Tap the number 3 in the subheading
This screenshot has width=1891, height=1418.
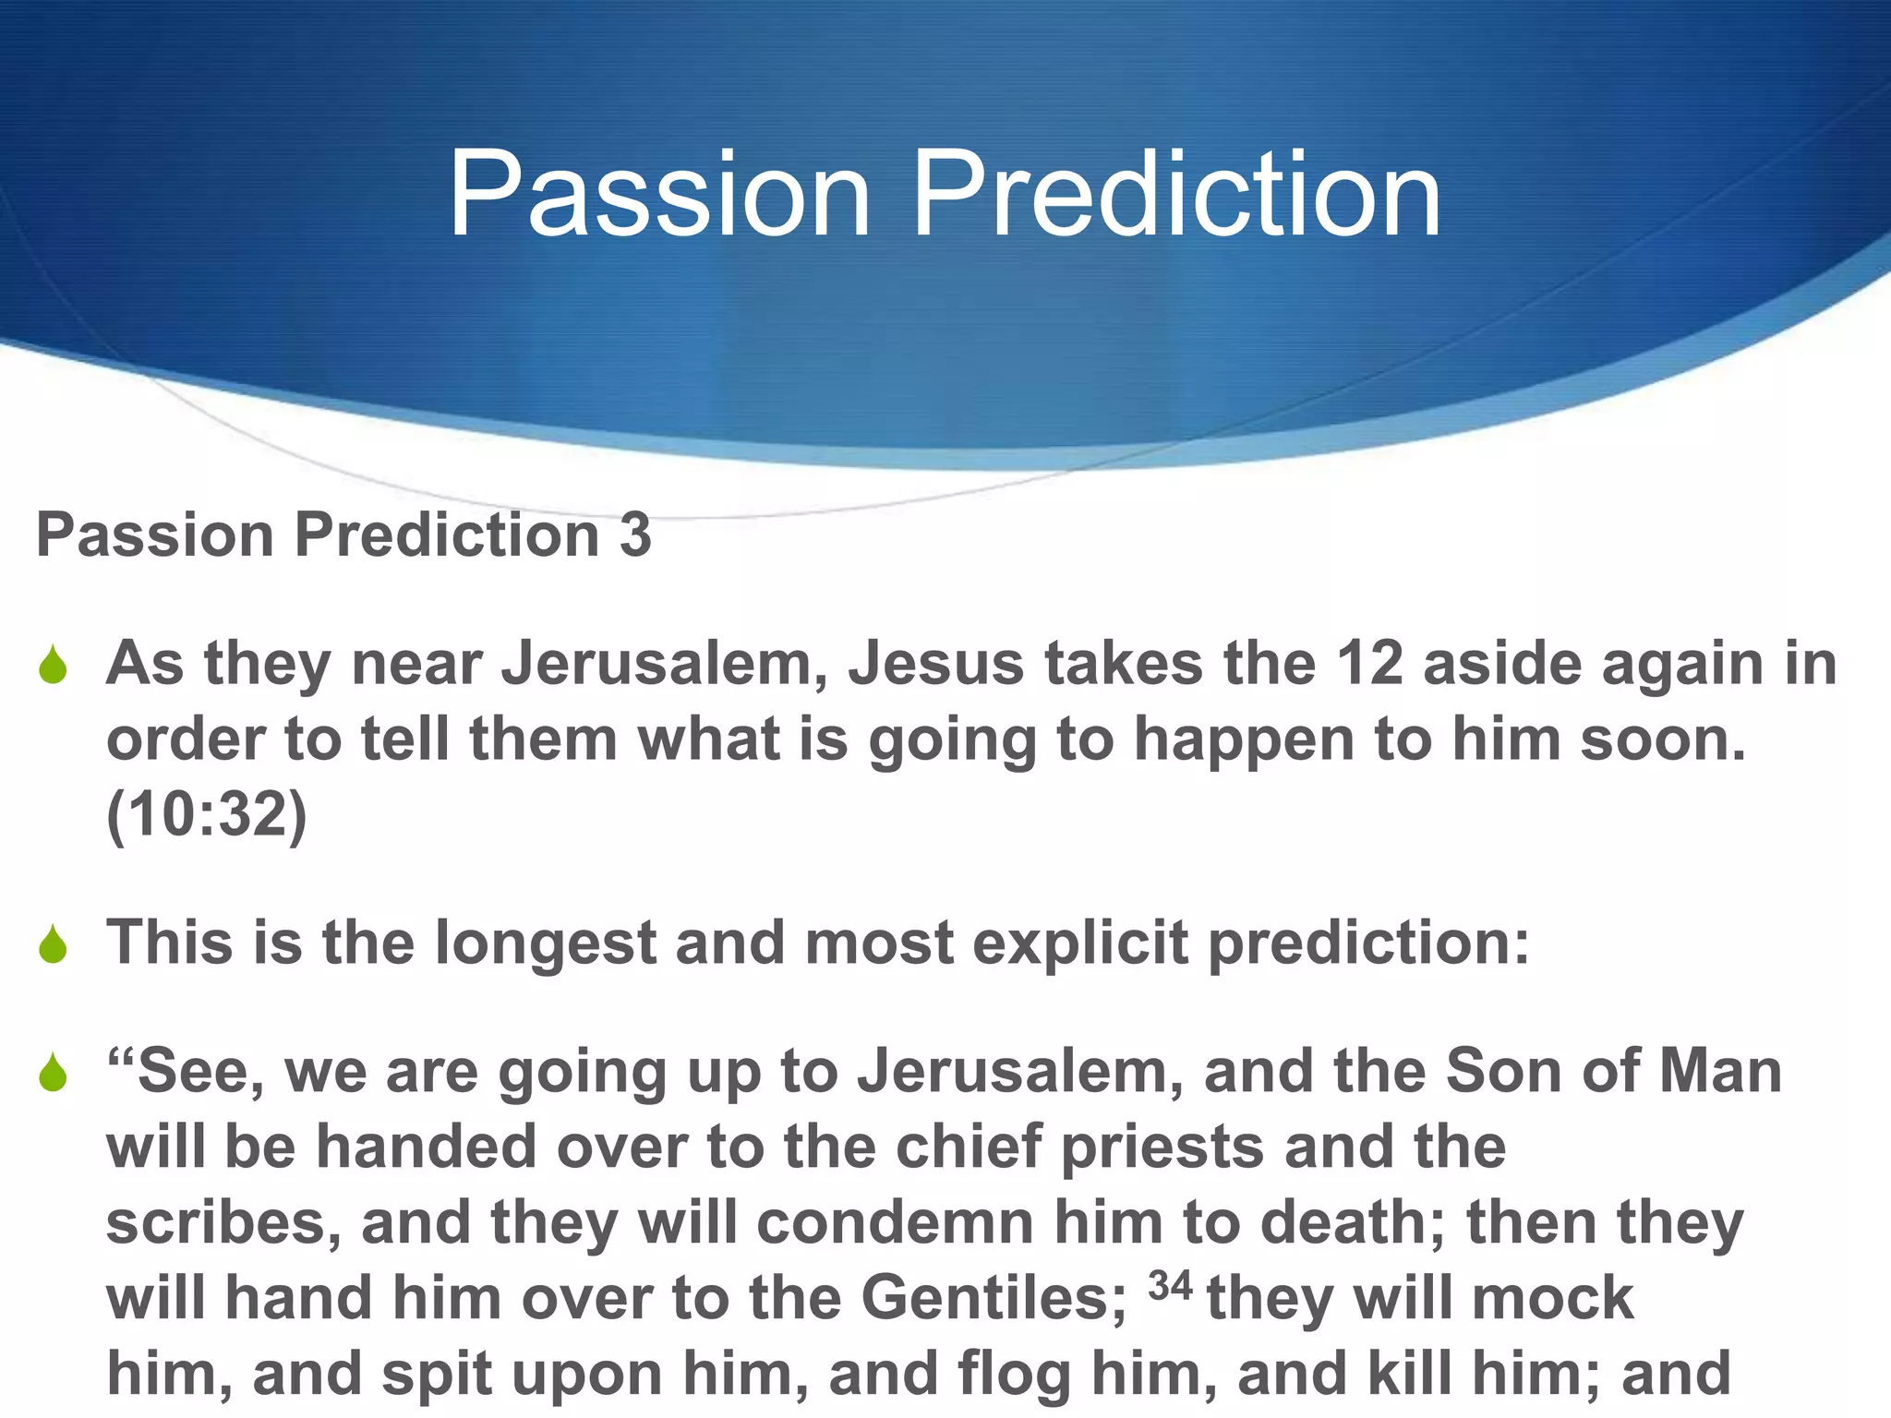click(x=634, y=535)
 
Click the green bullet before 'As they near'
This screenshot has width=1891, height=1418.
click(x=54, y=667)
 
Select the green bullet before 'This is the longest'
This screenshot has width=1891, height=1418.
click(x=54, y=945)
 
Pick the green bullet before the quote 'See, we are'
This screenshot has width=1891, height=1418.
click(x=54, y=1074)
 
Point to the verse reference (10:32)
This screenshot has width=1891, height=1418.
click(x=207, y=815)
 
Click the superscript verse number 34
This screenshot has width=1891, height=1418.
click(x=1170, y=1285)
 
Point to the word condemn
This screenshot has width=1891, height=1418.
click(x=895, y=1222)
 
